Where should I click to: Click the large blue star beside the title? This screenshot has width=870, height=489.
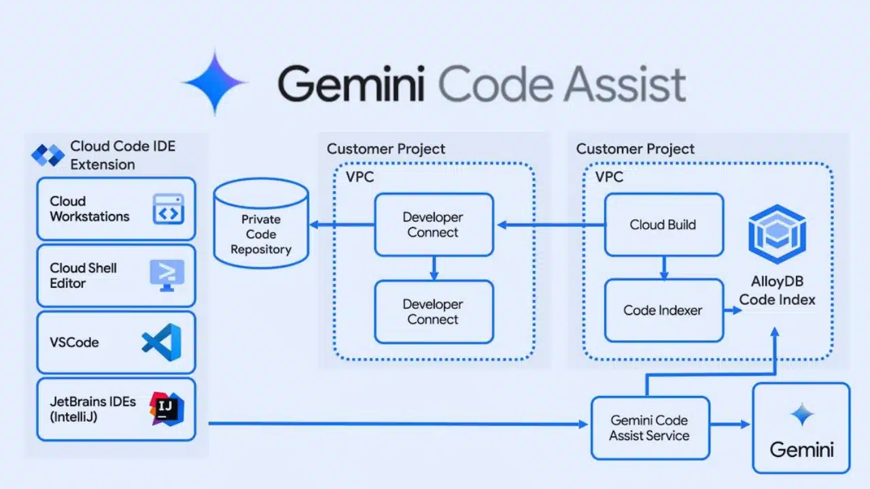pos(215,82)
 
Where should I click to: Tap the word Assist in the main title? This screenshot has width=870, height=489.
pos(617,85)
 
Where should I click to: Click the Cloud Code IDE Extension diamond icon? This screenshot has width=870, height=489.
pos(48,155)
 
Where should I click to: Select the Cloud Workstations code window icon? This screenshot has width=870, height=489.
pos(168,209)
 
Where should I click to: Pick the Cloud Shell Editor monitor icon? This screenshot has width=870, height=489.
pos(167,275)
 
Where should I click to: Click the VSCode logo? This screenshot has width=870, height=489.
pos(162,342)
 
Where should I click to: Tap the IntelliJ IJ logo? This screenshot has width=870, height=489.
pos(167,409)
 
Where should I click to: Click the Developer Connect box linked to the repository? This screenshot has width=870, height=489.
pos(434,225)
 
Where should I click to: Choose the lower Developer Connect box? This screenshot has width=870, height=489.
pos(434,312)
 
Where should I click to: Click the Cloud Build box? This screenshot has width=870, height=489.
pos(663,225)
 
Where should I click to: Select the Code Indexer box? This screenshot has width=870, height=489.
pos(663,310)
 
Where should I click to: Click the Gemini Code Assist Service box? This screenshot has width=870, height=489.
pos(650,428)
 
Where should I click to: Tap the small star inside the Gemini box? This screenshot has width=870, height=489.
pos(801,414)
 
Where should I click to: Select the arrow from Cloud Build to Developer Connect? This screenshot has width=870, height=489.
pos(551,225)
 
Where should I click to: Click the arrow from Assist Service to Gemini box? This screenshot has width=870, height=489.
pos(731,424)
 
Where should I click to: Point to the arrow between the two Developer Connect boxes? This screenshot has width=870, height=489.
pos(434,268)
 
